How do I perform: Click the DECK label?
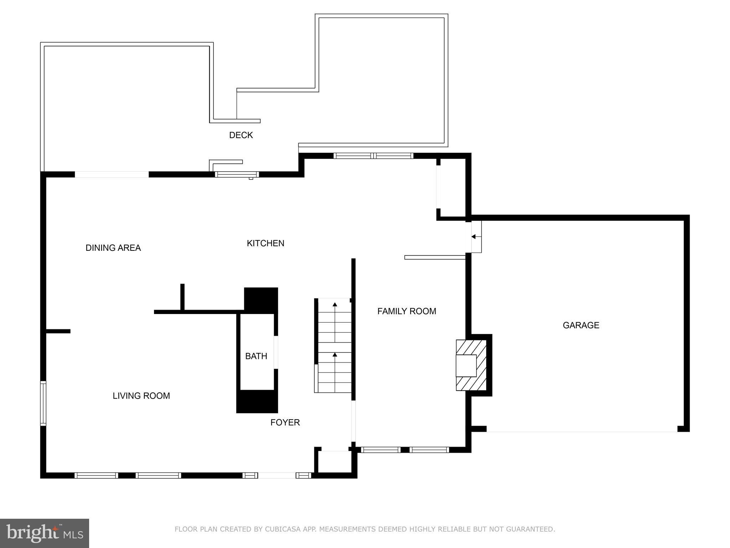pyautogui.click(x=241, y=135)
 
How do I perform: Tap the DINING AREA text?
pyautogui.click(x=113, y=248)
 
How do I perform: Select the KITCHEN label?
pyautogui.click(x=266, y=243)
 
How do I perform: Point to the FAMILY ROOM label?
pyautogui.click(x=407, y=311)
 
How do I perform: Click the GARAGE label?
pyautogui.click(x=581, y=325)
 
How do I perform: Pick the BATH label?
pyautogui.click(x=256, y=356)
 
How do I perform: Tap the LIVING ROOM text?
pyautogui.click(x=141, y=396)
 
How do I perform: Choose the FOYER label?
pyautogui.click(x=285, y=422)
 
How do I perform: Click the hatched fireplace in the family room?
pyautogui.click(x=471, y=365)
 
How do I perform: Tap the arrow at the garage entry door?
pyautogui.click(x=474, y=237)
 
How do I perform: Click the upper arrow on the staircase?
pyautogui.click(x=335, y=305)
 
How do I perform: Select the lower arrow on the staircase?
pyautogui.click(x=335, y=355)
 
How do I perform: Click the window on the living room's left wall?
pyautogui.click(x=43, y=403)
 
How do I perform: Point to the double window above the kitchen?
pyautogui.click(x=373, y=156)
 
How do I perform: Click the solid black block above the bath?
pyautogui.click(x=261, y=300)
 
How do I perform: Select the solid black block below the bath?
pyautogui.click(x=257, y=402)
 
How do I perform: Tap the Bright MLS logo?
pyautogui.click(x=45, y=533)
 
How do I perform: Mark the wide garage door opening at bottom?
pyautogui.click(x=582, y=431)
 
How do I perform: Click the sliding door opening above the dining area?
pyautogui.click(x=112, y=174)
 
